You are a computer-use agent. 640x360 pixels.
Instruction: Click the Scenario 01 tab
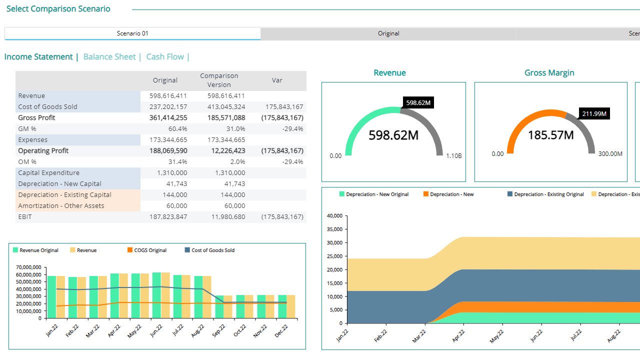tap(132, 33)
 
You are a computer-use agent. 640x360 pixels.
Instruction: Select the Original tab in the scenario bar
tap(388, 33)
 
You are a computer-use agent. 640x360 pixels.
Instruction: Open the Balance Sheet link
tap(109, 57)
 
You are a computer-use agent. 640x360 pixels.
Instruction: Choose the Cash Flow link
tap(165, 57)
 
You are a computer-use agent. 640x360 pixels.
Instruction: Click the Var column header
tap(277, 80)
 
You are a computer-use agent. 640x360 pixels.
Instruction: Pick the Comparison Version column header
tap(219, 80)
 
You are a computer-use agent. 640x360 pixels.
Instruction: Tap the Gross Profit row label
tap(36, 117)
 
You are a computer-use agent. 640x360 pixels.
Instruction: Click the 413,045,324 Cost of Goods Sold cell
tap(226, 107)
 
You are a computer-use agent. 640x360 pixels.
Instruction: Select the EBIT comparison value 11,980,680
tap(228, 217)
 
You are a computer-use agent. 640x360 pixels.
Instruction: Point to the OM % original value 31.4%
tap(177, 161)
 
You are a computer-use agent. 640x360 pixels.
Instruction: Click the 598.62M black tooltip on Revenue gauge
tap(418, 102)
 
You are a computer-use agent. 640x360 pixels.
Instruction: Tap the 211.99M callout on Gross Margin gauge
tap(594, 113)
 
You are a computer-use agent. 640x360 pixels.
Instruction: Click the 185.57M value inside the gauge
tap(551, 135)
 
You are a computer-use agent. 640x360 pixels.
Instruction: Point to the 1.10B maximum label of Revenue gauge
tap(453, 155)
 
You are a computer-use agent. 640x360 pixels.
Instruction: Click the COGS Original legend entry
tap(147, 250)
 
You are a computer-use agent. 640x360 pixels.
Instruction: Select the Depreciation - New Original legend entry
tap(374, 194)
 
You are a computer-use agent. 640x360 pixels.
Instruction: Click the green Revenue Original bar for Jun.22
tap(156, 295)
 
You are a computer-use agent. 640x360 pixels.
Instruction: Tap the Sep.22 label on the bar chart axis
tap(219, 331)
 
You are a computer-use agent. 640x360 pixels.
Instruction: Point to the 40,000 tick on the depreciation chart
tap(334, 215)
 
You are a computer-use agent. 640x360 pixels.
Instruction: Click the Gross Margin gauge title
tap(549, 73)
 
